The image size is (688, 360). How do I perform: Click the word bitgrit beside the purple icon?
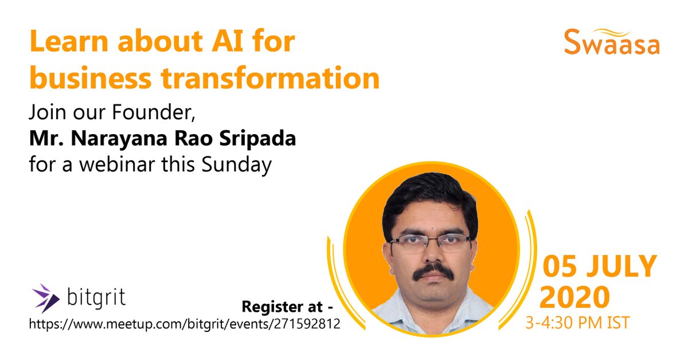(96, 299)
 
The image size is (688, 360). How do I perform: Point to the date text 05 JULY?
(599, 267)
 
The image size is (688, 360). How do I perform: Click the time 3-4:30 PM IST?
(577, 323)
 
